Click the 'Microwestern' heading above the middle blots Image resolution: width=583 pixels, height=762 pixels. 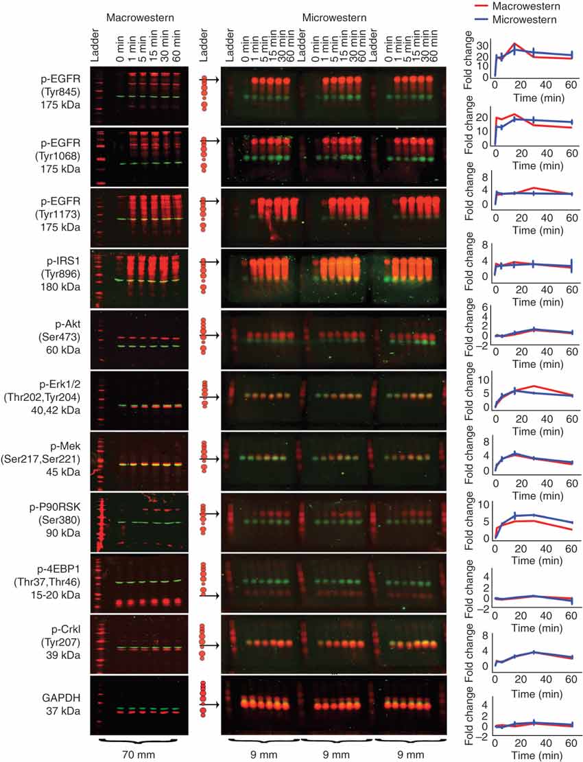(x=334, y=16)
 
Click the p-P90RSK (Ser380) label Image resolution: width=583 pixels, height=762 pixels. (x=58, y=518)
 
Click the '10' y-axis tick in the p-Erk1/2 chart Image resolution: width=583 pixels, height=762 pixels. (x=484, y=380)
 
